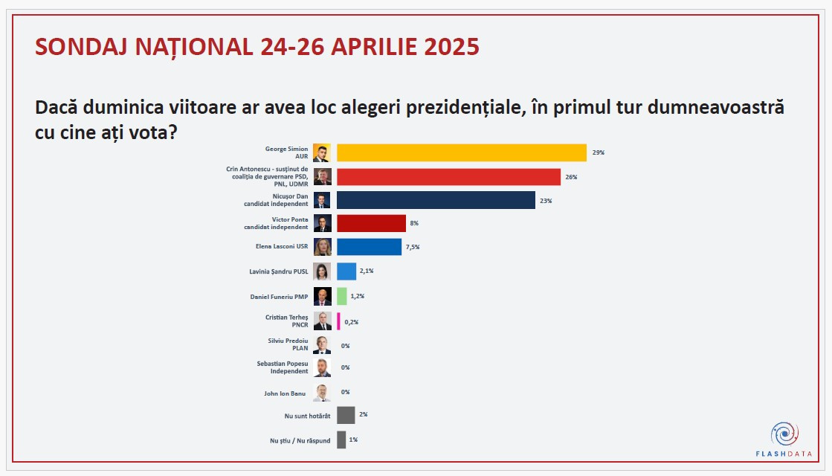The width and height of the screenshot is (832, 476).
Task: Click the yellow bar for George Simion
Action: coord(461,152)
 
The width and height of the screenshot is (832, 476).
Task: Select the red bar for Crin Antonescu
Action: coord(448,177)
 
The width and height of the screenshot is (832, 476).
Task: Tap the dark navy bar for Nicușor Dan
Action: coord(436,201)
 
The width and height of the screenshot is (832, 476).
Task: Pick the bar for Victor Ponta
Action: coord(371,223)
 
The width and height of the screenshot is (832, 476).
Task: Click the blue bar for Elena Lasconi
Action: coord(369,247)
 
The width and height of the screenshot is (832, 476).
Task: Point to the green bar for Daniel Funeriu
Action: coord(342,296)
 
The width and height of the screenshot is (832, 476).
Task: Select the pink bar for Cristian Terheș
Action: coord(338,321)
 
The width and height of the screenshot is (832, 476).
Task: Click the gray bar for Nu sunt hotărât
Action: coord(345,415)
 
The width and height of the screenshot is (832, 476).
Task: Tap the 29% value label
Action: coord(598,152)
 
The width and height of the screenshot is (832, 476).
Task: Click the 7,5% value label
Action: coord(412,247)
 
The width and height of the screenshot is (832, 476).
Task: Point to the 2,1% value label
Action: coord(366,271)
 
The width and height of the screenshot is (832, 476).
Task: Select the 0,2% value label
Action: coord(351,321)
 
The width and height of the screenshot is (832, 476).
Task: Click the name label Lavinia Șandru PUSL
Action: coord(279,271)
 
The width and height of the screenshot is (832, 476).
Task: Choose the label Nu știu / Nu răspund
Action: coord(300,440)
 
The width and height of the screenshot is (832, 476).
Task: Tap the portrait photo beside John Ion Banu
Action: coord(321,393)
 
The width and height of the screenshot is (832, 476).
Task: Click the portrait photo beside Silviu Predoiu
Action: coord(321,345)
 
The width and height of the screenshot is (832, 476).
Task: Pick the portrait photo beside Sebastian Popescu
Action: coord(321,367)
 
